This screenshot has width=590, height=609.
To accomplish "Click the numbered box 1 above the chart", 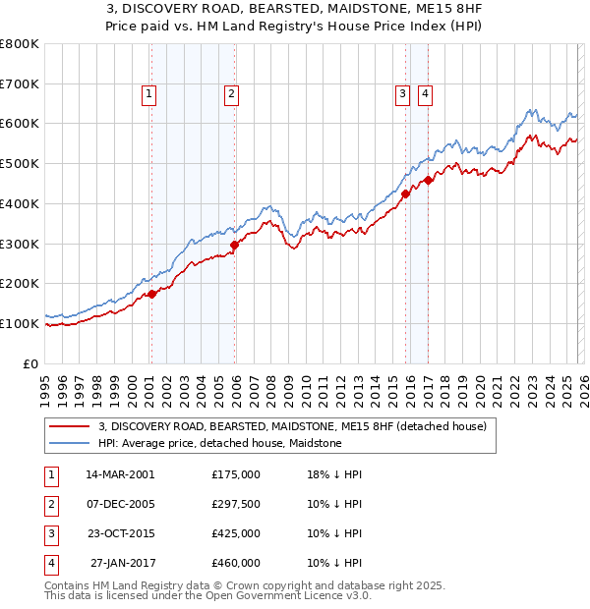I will [x=148, y=94].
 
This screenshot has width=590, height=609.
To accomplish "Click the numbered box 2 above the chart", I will [x=231, y=94].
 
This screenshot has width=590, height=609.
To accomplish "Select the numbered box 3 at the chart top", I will [x=402, y=94].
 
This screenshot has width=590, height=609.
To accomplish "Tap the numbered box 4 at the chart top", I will [x=425, y=94].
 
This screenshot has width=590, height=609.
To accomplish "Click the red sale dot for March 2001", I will [x=152, y=294].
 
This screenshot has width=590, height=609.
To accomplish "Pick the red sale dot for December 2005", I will [x=234, y=245].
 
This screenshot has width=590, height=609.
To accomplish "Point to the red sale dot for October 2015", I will [x=405, y=194].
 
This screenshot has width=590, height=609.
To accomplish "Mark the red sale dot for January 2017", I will [x=428, y=180].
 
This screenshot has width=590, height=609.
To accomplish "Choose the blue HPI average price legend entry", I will [x=219, y=443].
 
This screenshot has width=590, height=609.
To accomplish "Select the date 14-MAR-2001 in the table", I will [x=120, y=474].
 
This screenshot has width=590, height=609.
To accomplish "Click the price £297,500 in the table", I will [x=236, y=504].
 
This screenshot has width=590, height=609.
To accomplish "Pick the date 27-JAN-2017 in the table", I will [x=120, y=563].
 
